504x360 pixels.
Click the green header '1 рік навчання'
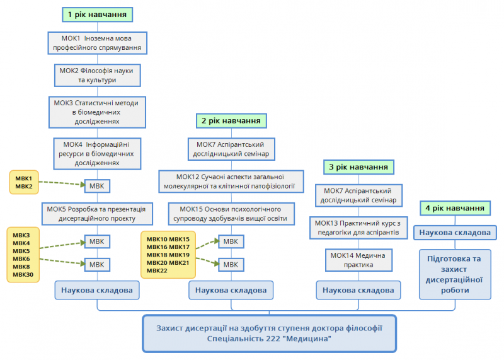pos(98,13)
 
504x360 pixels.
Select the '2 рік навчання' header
pos(231,120)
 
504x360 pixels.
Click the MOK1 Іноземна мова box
pos(98,43)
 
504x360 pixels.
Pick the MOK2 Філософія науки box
pos(97,76)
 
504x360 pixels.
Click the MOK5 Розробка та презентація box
pos(97,214)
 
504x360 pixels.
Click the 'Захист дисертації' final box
pos(270,334)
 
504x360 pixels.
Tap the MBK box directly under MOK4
pos(97,185)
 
